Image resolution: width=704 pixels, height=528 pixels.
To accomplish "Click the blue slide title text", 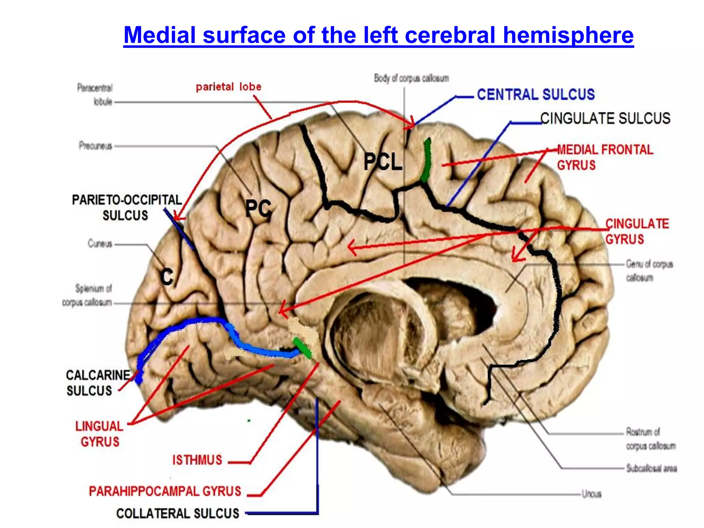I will pos(378,35).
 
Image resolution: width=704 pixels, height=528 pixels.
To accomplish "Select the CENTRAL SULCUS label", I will pos(536,95).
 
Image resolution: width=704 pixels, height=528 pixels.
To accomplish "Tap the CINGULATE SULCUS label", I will pos(605,118).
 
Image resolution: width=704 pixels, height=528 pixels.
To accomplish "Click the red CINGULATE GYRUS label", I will pos(637,231).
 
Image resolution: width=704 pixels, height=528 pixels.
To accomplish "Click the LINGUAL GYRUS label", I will pos(99,434).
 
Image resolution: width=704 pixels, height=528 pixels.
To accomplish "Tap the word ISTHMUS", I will pos(197,460).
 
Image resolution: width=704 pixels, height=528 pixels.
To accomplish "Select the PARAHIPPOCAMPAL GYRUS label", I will pos(165,491).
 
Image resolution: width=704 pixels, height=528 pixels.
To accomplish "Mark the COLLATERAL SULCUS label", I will pos(177,514).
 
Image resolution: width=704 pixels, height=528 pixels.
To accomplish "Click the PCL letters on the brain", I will pos(383,162).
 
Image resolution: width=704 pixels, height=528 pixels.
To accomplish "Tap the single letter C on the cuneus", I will pos(167,277).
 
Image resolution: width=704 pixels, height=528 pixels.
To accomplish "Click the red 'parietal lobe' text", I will pos(229,87).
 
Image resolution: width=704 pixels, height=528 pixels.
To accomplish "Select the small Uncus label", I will pos(591,494).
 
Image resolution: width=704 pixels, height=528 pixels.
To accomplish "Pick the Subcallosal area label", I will pos(651,468).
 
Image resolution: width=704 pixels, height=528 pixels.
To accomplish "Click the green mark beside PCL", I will pos(426,160).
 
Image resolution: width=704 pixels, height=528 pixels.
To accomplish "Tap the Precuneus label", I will pos(96,146).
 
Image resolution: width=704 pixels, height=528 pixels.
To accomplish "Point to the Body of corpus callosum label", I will pos(411,78).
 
